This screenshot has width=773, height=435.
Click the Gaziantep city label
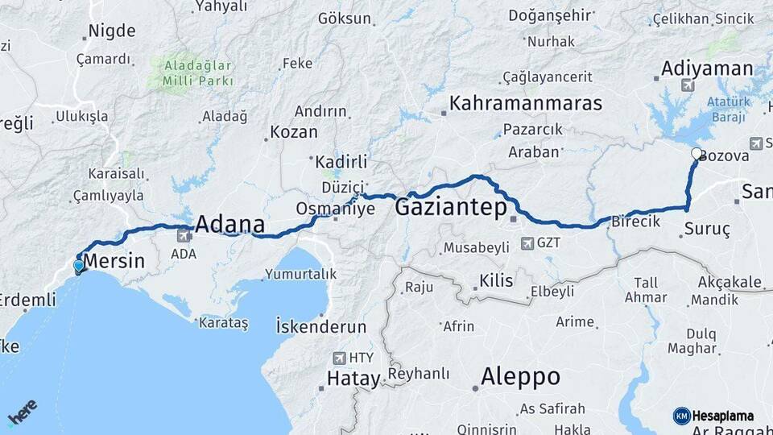451,208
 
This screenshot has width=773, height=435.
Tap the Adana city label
230,223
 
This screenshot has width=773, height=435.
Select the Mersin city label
114,261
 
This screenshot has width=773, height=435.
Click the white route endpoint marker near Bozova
697,153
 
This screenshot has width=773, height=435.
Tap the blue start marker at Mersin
78,267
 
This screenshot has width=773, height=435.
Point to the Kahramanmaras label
526,103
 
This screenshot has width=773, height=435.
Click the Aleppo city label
520,376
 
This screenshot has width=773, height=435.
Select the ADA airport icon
184,236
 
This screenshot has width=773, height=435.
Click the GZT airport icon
527,242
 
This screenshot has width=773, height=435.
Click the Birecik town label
636,221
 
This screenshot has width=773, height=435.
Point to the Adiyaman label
707,68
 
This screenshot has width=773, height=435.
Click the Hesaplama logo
713,416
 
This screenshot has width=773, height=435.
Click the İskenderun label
320,327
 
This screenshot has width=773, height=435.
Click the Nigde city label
111,31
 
